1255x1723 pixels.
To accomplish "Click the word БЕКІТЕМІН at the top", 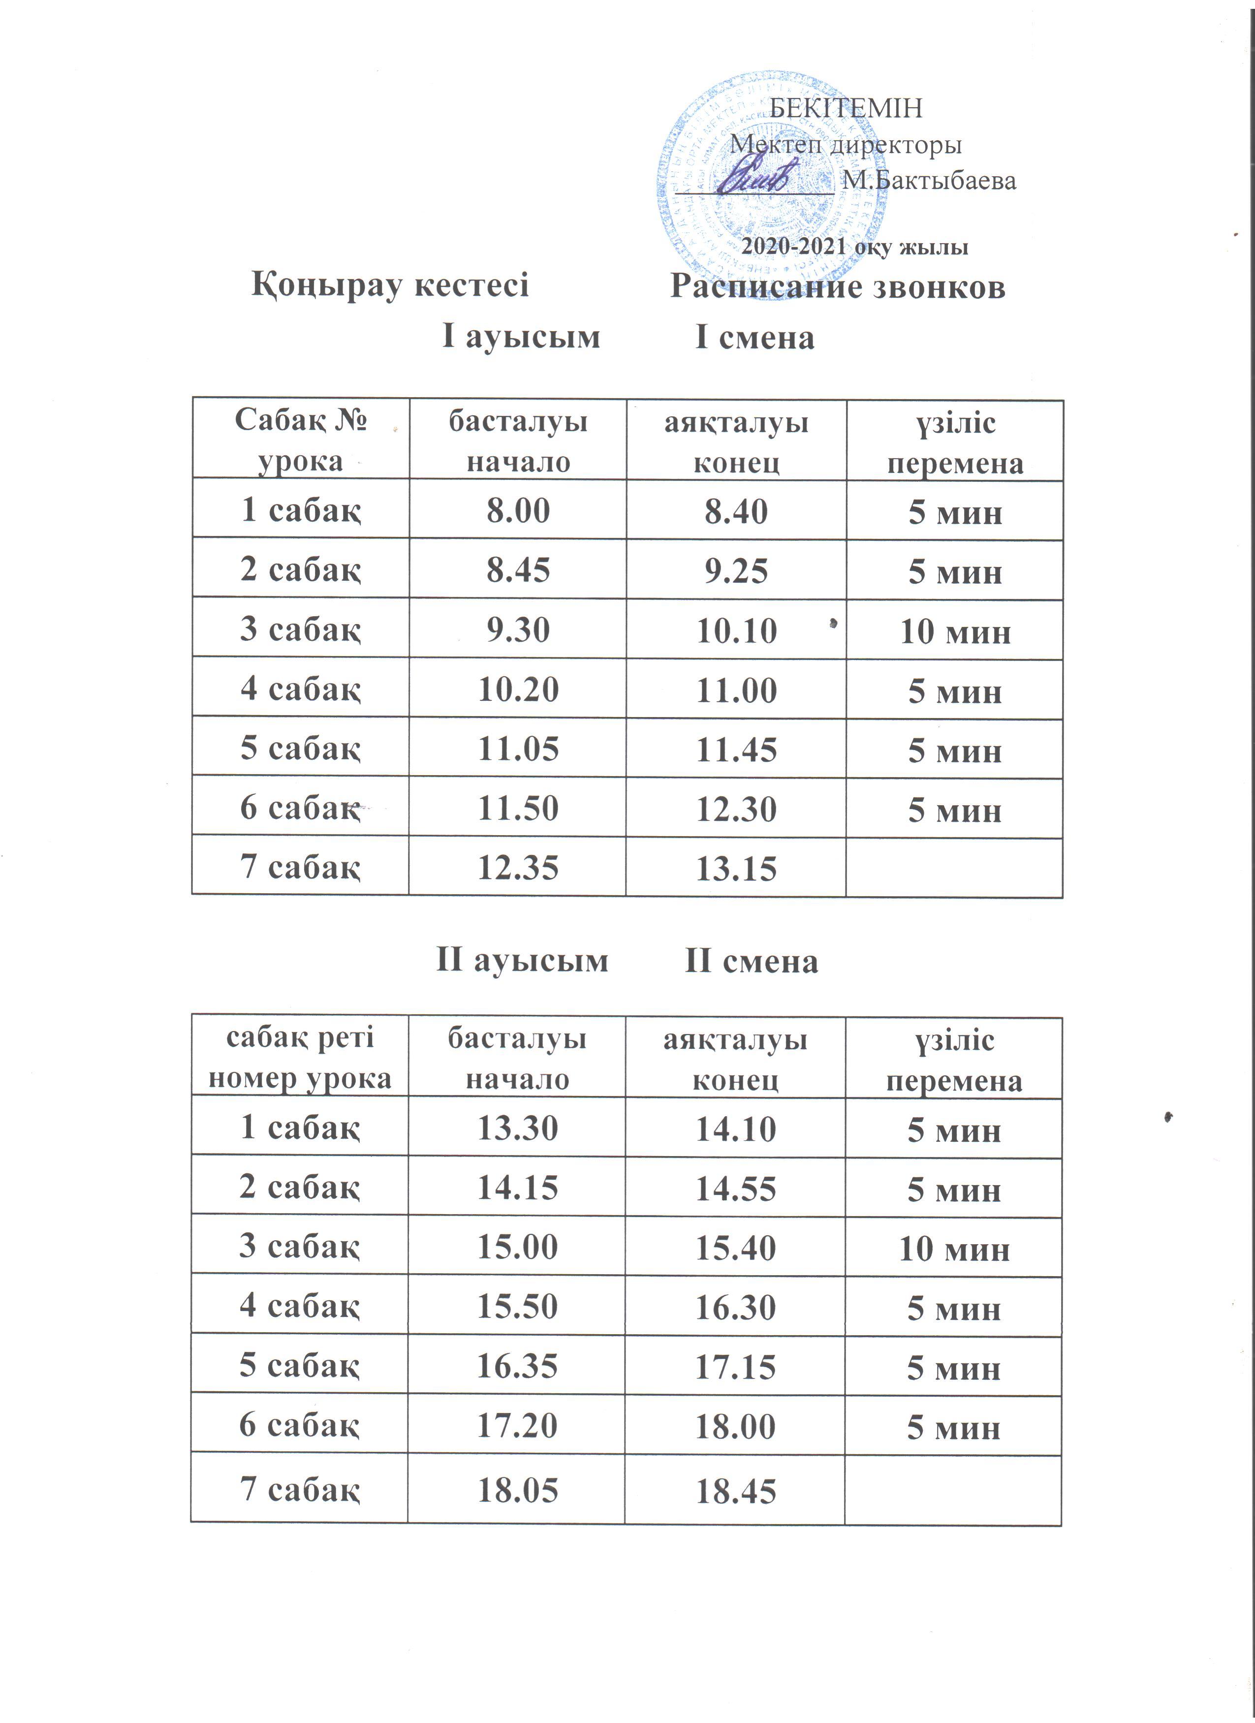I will pos(846,109).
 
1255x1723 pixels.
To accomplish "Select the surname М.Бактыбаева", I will pos(928,181).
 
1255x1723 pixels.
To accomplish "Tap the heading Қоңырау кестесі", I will pos(390,285).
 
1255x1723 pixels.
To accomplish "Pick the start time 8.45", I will pos(518,570).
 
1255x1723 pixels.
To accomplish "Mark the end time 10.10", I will pos(736,630).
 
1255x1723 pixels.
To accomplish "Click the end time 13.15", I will pos(736,868).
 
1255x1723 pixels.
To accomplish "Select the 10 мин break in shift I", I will pos(955,631).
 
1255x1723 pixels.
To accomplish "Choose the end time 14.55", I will pos(735,1188).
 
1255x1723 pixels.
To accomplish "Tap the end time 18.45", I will pos(735,1491).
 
